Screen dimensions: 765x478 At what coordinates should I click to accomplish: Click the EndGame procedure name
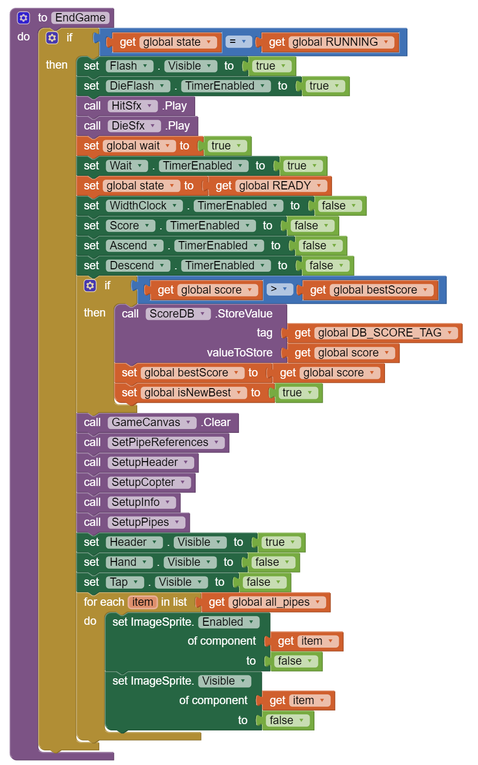pos(80,18)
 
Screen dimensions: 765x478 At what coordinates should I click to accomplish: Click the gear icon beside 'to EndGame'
pos(23,18)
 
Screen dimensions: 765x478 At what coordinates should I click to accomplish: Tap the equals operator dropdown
pos(238,42)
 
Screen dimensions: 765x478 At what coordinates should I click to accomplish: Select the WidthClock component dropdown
pos(144,206)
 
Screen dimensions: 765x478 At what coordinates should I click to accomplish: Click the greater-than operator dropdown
pos(279,290)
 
